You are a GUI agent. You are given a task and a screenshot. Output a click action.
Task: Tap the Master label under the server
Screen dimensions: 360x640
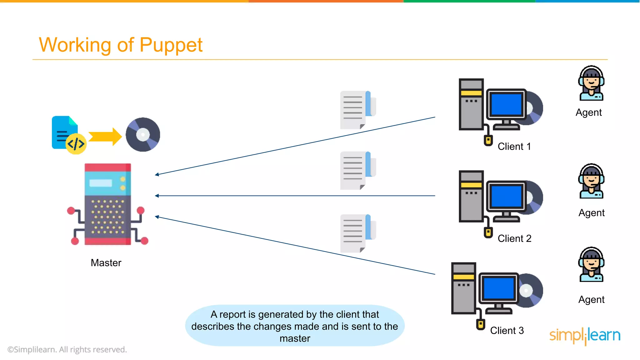pos(106,263)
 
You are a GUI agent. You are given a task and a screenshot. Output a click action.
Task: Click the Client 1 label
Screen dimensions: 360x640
pos(514,147)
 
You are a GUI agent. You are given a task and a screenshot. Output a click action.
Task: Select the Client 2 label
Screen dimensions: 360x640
pos(514,238)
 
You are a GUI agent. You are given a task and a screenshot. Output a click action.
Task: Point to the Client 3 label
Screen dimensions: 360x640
pos(507,330)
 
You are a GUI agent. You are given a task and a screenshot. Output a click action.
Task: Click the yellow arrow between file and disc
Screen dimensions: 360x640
pos(105,137)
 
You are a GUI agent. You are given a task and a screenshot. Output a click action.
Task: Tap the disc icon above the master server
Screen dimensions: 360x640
pos(143,135)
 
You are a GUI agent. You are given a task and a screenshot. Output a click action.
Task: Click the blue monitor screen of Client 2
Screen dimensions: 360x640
pos(506,196)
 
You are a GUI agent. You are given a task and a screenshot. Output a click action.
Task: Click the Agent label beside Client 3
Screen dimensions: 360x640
pos(591,300)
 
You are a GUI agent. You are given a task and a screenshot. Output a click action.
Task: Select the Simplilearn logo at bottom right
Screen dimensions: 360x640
pos(585,336)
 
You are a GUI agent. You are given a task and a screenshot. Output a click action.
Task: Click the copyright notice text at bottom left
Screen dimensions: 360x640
pos(67,350)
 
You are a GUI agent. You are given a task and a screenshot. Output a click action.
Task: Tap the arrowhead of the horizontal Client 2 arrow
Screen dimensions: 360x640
pos(157,196)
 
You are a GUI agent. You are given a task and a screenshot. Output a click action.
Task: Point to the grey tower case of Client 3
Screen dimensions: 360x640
pos(463,288)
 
